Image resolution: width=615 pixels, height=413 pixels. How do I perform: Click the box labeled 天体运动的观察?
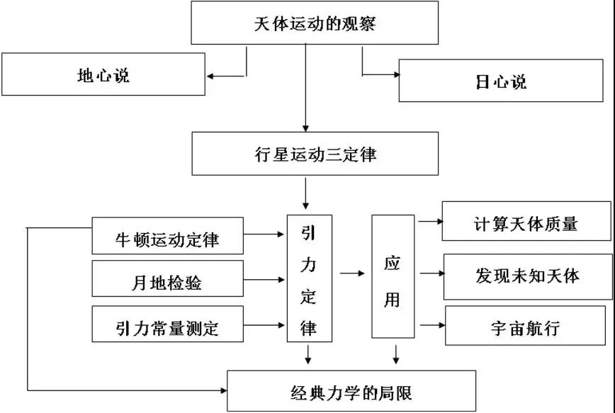click(x=304, y=23)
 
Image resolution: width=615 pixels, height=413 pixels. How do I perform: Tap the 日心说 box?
click(x=501, y=81)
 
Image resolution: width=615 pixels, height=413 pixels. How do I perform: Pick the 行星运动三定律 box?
click(x=304, y=154)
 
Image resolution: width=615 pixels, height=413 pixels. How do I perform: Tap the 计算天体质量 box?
click(x=526, y=223)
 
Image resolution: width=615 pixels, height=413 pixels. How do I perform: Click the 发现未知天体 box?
click(x=527, y=276)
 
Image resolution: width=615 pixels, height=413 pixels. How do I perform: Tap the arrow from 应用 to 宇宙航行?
click(x=431, y=325)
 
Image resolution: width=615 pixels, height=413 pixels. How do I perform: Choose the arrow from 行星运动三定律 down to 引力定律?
click(x=305, y=192)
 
